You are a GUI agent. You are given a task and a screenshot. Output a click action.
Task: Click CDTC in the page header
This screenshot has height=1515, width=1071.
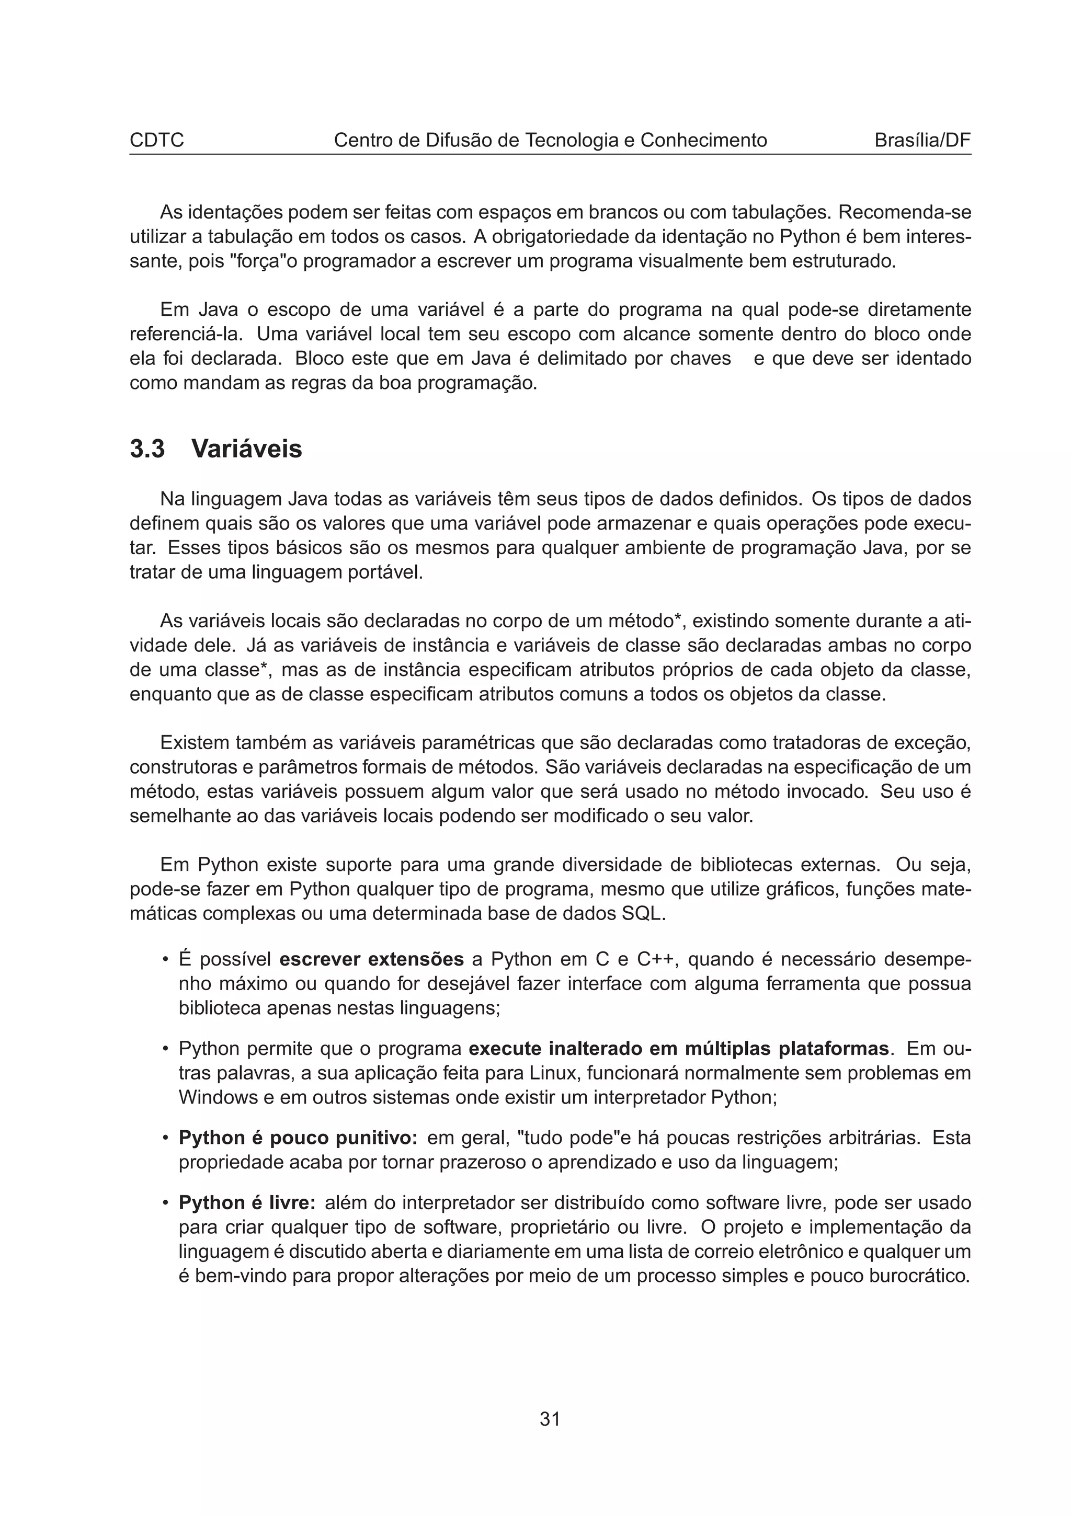click(156, 141)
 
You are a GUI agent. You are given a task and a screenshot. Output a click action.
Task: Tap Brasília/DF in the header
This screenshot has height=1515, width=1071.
click(922, 141)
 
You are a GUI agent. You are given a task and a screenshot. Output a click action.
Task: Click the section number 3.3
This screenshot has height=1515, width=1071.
click(147, 450)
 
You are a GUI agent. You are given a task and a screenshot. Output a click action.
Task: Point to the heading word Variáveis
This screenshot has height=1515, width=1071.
click(246, 450)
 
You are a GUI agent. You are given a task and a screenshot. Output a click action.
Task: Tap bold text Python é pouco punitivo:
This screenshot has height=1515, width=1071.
click(298, 1138)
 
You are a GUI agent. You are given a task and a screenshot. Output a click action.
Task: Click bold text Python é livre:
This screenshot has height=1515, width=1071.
click(247, 1202)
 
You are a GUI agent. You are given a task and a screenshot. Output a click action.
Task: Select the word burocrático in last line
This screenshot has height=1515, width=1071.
click(919, 1276)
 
